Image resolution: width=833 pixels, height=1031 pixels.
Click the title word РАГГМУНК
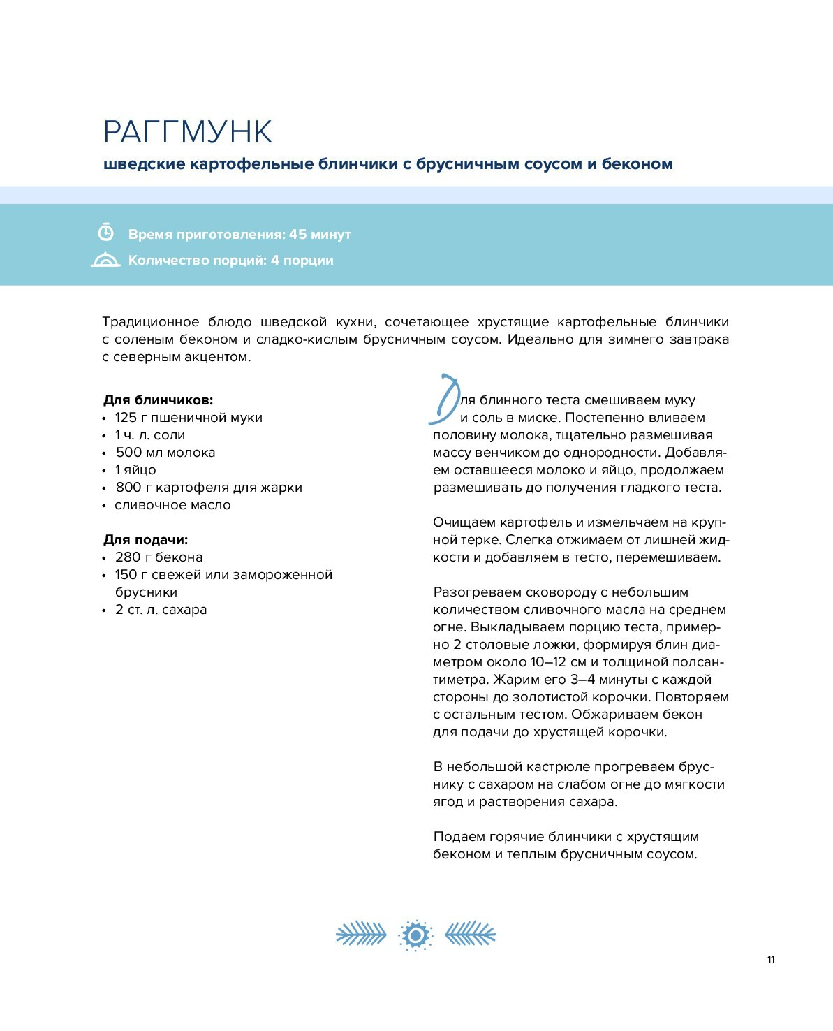coord(188,132)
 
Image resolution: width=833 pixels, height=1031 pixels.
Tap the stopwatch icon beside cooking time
coord(105,233)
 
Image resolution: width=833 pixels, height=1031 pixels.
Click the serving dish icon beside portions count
coord(105,260)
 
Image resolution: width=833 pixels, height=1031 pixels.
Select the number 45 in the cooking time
coord(298,234)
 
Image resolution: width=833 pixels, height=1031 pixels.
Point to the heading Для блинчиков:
coord(159,400)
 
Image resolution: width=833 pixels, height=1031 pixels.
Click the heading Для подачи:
coord(146,540)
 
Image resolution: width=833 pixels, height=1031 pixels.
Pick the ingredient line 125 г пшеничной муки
coord(189,418)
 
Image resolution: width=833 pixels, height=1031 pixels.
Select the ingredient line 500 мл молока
coord(165,453)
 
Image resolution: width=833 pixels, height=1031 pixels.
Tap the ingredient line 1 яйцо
coord(135,470)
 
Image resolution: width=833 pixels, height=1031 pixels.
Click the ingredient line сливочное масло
coord(172,505)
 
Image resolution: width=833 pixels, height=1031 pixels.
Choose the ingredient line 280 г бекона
coord(159,557)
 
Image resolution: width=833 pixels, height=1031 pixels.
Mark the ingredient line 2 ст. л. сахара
coord(161,610)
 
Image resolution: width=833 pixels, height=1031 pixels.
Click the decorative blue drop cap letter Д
coord(443,400)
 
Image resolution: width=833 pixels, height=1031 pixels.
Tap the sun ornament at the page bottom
coord(415,935)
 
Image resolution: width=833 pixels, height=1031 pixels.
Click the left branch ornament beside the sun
coord(361,934)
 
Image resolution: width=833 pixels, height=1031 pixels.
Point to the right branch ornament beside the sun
coord(470,934)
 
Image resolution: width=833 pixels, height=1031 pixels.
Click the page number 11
coord(771,960)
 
